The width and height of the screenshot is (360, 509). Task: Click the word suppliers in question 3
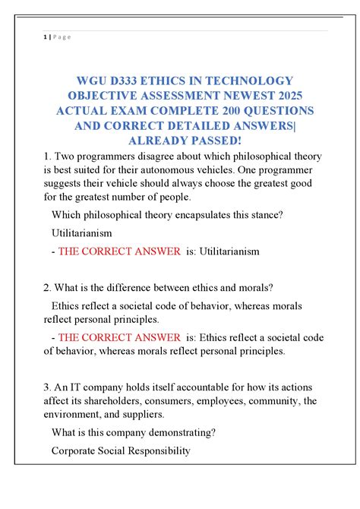141,414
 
